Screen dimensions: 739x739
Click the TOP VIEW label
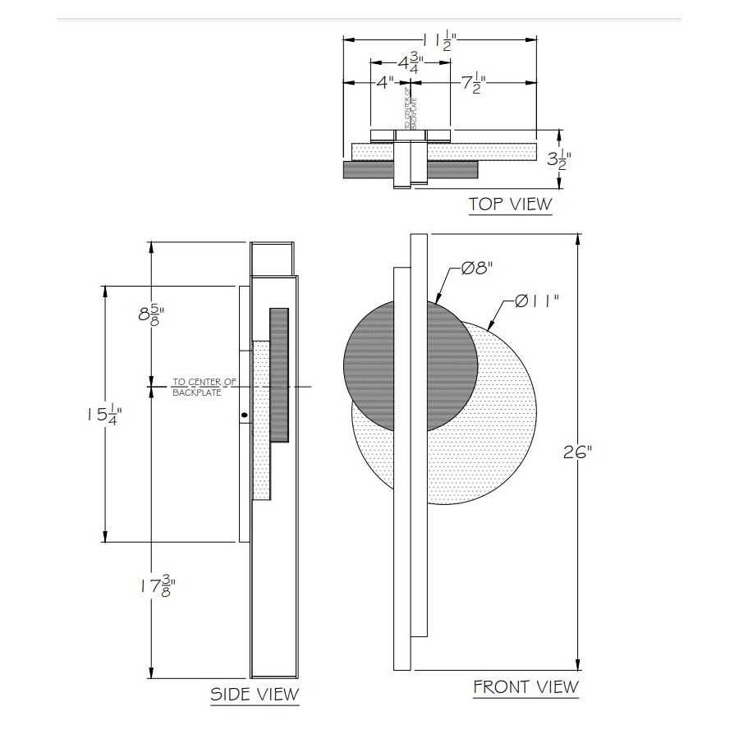point(510,204)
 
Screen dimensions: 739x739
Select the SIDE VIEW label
point(255,694)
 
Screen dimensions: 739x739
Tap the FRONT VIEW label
point(526,686)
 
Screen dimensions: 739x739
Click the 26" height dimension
point(578,452)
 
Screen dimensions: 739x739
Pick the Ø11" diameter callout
point(537,301)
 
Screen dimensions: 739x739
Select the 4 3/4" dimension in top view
point(410,64)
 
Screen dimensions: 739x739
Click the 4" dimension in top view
point(385,83)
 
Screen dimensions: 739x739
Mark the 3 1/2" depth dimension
point(559,159)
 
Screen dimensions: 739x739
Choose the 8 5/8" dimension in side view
point(151,314)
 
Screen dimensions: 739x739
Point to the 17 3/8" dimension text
point(155,585)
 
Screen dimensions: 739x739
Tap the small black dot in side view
point(244,415)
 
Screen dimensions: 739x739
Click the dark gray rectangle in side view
point(279,374)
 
